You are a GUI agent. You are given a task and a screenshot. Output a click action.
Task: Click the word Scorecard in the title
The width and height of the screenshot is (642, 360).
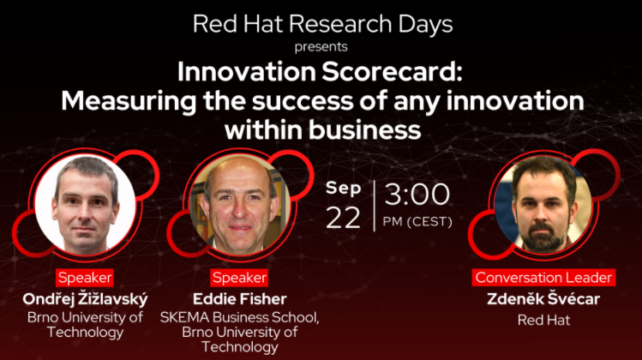392,72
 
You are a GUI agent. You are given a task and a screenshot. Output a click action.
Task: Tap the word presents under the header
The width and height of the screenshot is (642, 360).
321,47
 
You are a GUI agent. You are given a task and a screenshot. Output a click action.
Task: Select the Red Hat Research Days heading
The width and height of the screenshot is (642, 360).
322,24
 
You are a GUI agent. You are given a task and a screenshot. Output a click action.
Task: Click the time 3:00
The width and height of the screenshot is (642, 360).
417,194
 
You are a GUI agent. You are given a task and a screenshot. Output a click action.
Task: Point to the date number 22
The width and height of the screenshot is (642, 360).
343,218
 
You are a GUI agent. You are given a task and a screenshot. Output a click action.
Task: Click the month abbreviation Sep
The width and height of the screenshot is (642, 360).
344,189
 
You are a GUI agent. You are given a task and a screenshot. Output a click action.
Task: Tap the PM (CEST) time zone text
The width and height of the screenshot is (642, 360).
417,221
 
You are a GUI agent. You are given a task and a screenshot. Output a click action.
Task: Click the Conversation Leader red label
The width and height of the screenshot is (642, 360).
543,278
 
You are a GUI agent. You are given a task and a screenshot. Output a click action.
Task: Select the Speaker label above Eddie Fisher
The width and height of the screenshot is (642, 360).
239,278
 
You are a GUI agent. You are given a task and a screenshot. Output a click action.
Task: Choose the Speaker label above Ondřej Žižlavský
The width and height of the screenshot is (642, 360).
85,278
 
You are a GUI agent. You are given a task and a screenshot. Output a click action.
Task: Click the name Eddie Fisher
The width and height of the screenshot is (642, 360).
239,299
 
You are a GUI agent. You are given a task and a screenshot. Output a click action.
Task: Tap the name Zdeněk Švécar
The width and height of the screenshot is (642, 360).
543,298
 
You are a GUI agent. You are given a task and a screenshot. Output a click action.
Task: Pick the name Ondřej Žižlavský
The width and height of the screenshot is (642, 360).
85,299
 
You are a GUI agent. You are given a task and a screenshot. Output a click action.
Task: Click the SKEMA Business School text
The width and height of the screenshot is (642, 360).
239,317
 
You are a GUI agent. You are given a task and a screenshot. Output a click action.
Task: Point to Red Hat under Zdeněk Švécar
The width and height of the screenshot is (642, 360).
543,320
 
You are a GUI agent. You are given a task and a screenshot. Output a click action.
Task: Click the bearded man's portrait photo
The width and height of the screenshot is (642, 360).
543,203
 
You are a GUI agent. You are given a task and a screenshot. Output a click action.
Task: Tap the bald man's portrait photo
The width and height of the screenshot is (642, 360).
240,205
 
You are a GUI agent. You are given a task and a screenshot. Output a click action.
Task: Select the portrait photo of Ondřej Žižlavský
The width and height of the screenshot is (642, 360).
85,204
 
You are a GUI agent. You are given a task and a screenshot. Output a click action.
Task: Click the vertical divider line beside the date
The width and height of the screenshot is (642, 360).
375,206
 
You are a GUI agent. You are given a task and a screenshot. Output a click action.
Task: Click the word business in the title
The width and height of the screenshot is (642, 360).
364,130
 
